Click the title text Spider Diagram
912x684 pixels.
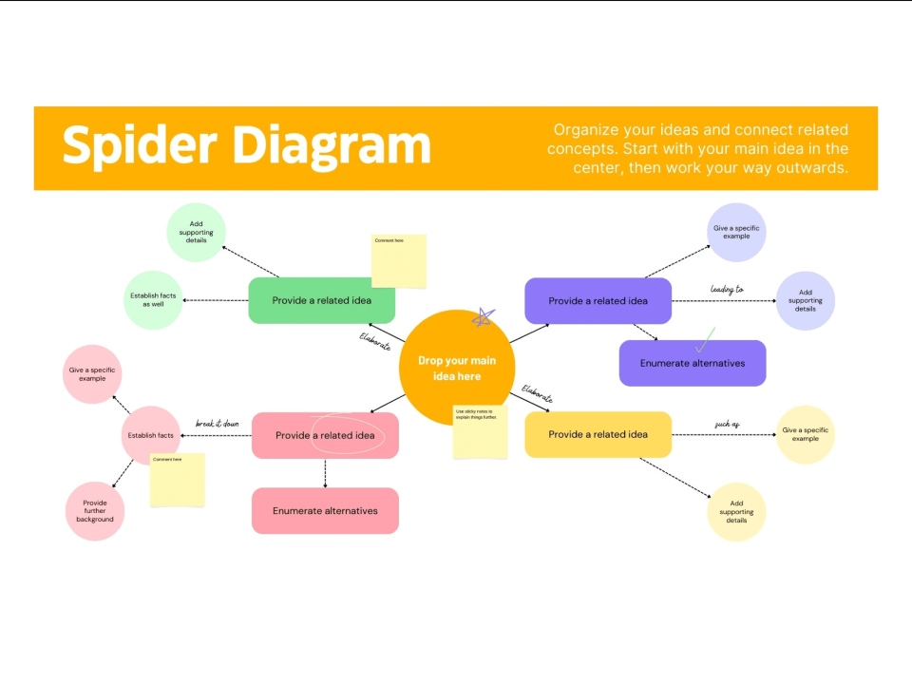246,145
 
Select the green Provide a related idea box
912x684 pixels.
321,300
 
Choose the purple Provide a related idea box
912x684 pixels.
598,300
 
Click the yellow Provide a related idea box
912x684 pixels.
598,434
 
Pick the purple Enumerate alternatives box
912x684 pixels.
692,363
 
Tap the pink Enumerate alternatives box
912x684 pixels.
325,510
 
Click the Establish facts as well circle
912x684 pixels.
153,300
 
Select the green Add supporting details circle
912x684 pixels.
196,232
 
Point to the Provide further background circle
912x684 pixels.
93,511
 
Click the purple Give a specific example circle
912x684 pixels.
736,232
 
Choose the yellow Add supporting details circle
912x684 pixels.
736,512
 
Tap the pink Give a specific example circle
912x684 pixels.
92,373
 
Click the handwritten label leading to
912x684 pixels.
727,289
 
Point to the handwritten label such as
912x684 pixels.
727,424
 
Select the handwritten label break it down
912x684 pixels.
218,424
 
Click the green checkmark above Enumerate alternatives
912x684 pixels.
705,338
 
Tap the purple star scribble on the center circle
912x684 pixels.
484,319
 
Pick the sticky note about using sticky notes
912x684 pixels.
479,432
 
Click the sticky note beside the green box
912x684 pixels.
398,260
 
